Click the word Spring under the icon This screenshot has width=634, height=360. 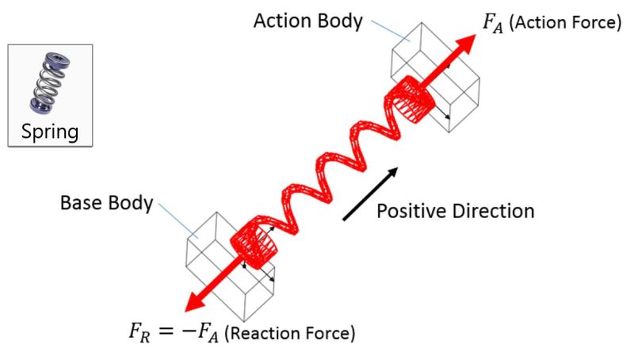[50, 130]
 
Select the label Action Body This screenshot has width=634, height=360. [307, 21]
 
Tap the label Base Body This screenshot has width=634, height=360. [106, 203]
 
